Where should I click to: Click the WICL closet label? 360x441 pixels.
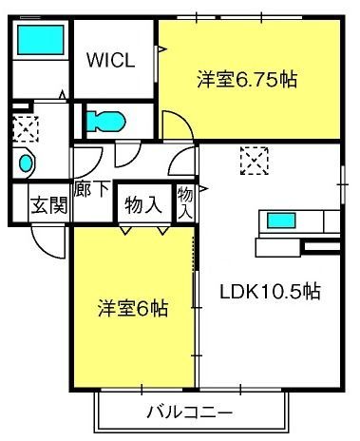(x=111, y=60)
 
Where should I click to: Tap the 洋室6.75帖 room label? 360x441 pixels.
(x=247, y=80)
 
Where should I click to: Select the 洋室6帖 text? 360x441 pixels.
(x=133, y=308)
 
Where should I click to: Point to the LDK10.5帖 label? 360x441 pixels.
(x=270, y=291)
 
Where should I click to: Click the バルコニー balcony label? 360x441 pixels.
(x=190, y=412)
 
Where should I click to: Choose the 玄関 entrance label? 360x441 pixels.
(x=49, y=205)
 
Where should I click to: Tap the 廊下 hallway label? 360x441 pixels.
(x=92, y=189)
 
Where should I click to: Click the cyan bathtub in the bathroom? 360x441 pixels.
(x=41, y=40)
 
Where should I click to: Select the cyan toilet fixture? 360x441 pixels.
(x=106, y=122)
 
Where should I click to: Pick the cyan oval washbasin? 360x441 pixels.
(x=26, y=163)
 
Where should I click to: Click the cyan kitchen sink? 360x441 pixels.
(x=281, y=220)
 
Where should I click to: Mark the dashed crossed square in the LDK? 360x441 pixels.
(x=255, y=161)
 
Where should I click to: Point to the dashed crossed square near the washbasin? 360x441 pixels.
(x=26, y=129)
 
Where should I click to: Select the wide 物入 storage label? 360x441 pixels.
(x=143, y=205)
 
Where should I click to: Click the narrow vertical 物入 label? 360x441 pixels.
(x=185, y=203)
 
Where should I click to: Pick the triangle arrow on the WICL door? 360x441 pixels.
(x=162, y=48)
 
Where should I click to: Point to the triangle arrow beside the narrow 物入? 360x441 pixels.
(x=203, y=189)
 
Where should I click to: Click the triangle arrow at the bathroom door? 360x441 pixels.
(x=63, y=95)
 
